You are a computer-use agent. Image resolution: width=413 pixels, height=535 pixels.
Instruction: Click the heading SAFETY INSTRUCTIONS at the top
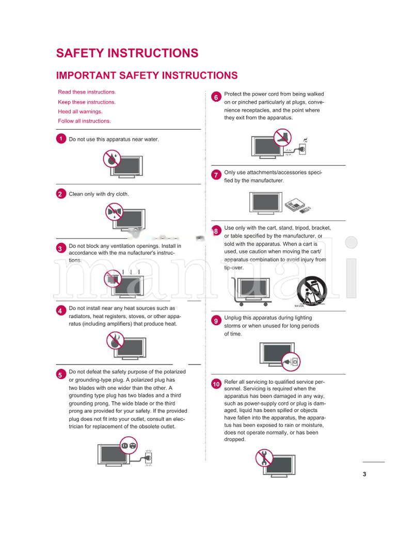pos(127,53)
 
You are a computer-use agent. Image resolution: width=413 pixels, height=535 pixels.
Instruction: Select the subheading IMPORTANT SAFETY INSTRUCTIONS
pos(147,75)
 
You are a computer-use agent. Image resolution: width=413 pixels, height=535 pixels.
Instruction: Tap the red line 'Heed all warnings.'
pos(80,112)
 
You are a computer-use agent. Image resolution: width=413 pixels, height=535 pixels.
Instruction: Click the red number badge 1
pos(60,139)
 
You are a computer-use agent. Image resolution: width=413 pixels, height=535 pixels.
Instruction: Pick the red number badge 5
pos(60,374)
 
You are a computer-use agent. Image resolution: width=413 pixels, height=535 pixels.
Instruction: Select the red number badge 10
pos(216,384)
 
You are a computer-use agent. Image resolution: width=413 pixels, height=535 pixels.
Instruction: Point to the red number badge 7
pos(216,175)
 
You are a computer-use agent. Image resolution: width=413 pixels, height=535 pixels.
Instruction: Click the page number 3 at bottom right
pos(364,475)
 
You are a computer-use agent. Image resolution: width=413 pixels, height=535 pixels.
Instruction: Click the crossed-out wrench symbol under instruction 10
pos(264,458)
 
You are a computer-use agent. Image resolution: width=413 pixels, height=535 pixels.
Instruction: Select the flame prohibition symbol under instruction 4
pos(115,341)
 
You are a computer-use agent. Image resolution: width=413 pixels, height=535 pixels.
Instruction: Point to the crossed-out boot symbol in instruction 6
pos(282,138)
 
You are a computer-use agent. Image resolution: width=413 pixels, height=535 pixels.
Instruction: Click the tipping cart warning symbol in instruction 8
pos(310,291)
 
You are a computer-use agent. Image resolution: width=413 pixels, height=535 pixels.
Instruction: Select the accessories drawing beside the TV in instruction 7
pos(299,205)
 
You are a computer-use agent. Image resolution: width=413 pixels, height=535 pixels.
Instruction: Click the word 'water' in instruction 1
pos(151,139)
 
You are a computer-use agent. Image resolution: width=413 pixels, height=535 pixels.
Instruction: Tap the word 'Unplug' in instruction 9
pos(233,318)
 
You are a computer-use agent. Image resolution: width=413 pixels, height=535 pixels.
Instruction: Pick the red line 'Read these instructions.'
pos(87,92)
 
